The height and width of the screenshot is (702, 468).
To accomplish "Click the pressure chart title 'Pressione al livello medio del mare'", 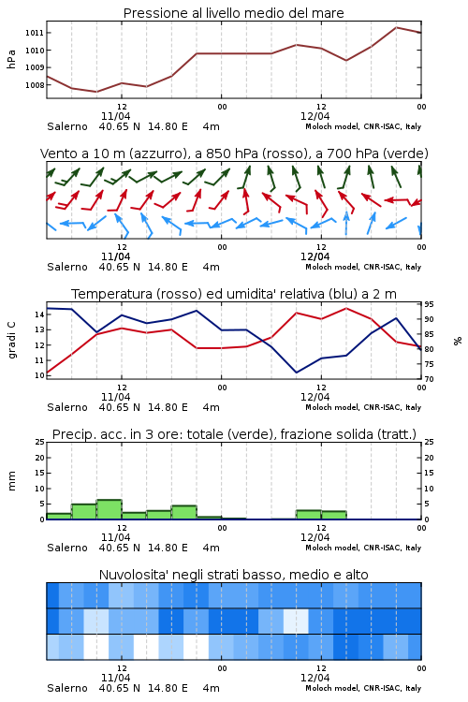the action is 233,13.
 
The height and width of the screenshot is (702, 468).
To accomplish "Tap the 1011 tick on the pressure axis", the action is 34,33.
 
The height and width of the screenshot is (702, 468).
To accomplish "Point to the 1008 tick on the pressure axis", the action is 34,85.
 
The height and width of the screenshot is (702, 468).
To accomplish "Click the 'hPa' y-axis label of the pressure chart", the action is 11,59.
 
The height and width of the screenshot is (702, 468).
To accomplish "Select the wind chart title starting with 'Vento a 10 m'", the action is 234,154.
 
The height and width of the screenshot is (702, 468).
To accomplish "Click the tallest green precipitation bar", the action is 110,509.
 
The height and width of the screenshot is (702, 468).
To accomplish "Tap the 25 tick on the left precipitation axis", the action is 40,443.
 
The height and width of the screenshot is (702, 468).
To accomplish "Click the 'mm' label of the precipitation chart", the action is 11,481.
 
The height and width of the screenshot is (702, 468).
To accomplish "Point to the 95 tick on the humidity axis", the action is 429,304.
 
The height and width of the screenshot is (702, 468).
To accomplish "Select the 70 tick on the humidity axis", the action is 429,379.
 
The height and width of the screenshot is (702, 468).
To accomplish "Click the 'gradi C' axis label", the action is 11,340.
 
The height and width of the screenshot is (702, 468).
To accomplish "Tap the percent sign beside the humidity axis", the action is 458,341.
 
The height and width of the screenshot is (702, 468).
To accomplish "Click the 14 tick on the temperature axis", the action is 40,314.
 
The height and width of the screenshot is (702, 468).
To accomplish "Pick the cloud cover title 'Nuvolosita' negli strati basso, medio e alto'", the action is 233,575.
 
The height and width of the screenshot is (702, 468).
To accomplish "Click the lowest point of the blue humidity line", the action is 297,373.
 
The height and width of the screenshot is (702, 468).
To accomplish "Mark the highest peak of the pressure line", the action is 396,27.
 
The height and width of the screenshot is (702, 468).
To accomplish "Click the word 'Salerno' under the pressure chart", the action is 67,126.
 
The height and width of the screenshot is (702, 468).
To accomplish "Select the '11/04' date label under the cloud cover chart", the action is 115,678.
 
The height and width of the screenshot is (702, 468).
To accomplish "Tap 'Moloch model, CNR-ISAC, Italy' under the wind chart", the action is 363,268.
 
